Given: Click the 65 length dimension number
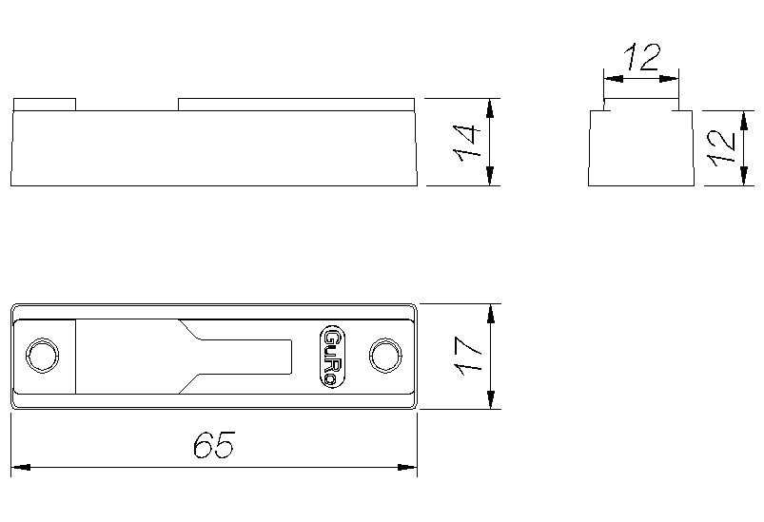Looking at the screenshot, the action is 214,444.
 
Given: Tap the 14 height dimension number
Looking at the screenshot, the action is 467,144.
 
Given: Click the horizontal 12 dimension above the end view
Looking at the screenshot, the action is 642,57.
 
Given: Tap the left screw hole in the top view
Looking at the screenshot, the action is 43,356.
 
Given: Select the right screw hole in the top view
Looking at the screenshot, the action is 386,356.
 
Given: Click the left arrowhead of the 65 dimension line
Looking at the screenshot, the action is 21,468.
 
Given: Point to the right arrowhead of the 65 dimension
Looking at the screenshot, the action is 407,468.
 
